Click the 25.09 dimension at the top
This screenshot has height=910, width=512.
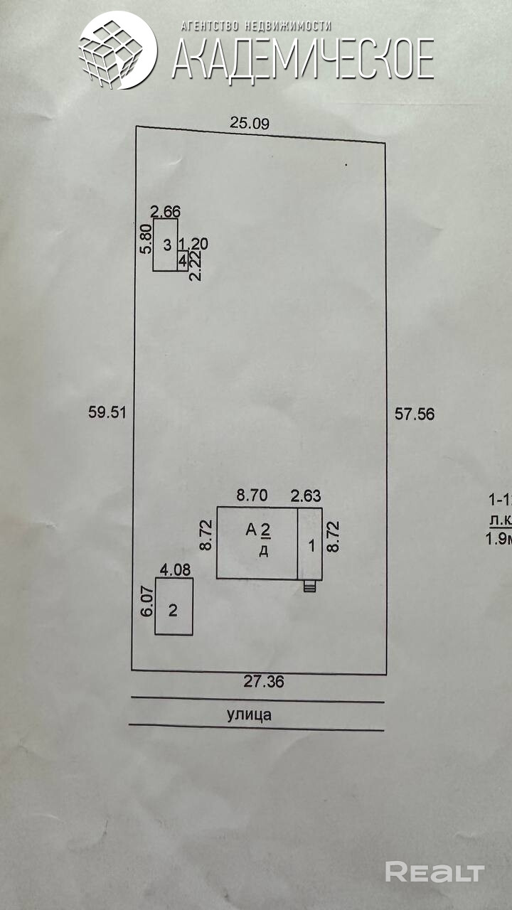(249, 123)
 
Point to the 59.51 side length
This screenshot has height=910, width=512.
(107, 412)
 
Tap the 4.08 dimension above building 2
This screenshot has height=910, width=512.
(175, 569)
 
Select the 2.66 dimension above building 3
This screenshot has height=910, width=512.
(166, 211)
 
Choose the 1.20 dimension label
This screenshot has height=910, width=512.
(193, 245)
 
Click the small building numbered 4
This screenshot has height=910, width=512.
(183, 261)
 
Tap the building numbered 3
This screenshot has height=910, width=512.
(166, 245)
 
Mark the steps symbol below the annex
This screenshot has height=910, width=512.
(309, 587)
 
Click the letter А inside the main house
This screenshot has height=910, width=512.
(250, 529)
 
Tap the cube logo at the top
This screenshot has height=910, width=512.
(117, 50)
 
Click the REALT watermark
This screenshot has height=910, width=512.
(434, 872)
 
